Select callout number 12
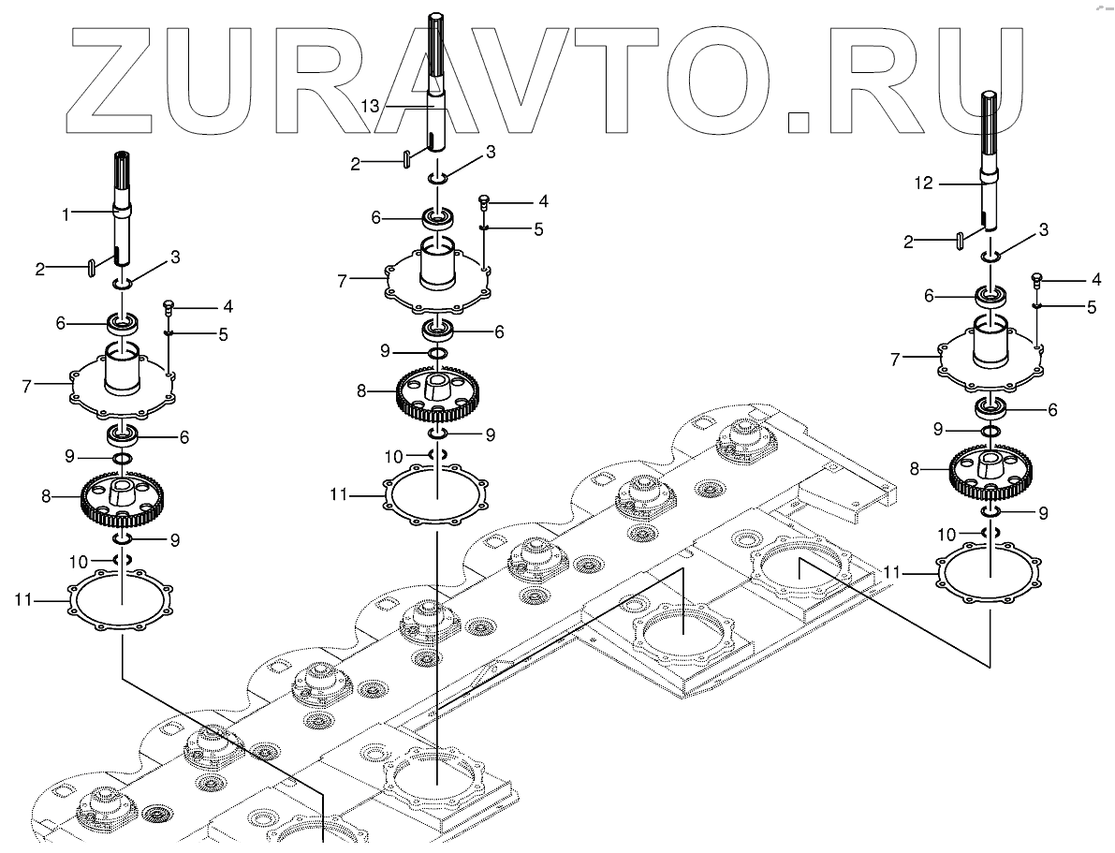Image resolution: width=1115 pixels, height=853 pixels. click(x=923, y=184)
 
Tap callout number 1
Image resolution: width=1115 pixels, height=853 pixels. click(x=66, y=214)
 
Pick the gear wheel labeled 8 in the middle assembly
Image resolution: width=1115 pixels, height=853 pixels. click(x=437, y=394)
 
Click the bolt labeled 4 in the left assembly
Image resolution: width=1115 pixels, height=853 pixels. click(x=169, y=307)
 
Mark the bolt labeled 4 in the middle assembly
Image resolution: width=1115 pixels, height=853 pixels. click(x=484, y=201)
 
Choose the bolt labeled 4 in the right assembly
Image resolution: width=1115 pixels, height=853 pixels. click(x=1037, y=278)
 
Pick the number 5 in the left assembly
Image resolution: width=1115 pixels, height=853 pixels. click(x=221, y=333)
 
